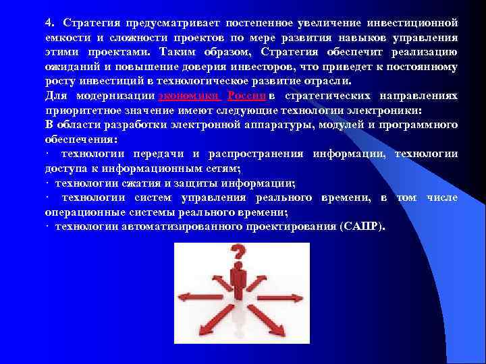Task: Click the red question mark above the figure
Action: tap(237, 255)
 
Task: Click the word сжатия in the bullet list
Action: tap(146, 183)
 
